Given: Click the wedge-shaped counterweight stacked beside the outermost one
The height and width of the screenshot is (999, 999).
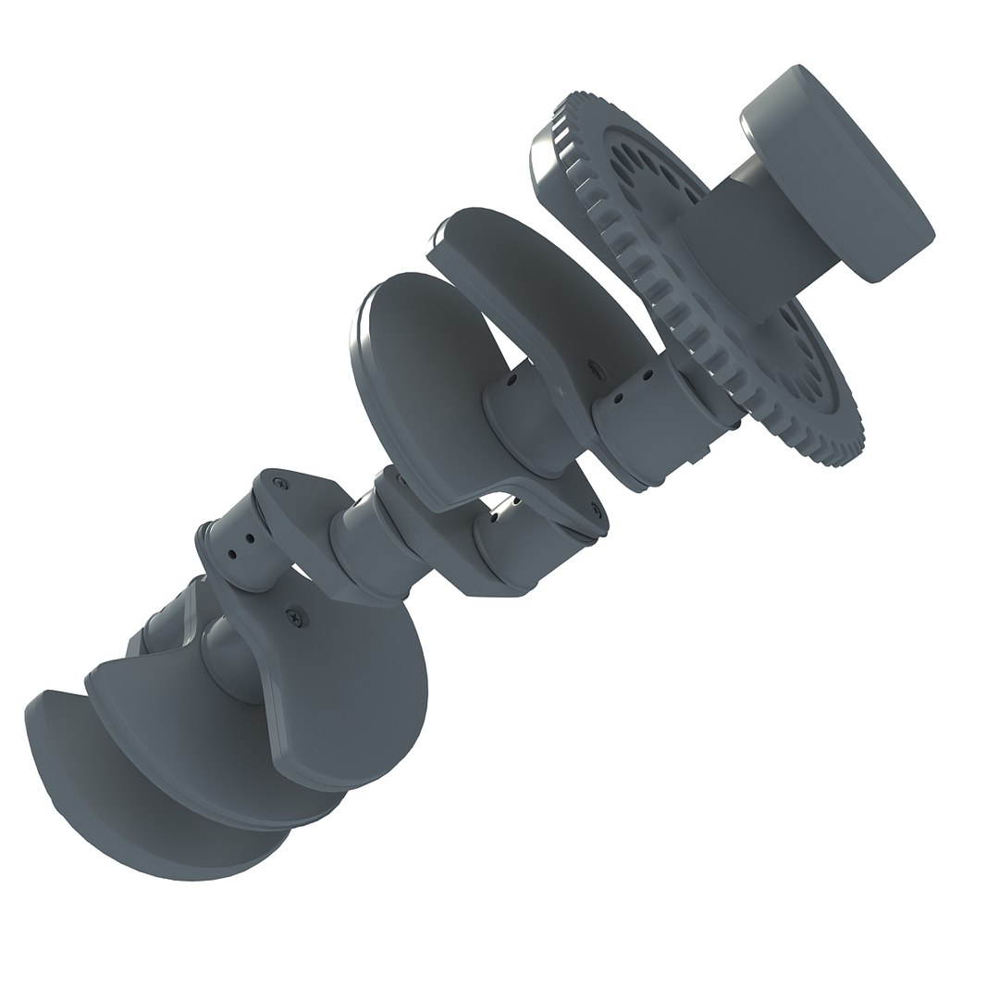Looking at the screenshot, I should [213, 740].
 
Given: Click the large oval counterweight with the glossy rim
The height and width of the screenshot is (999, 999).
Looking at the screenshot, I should [416, 370].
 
